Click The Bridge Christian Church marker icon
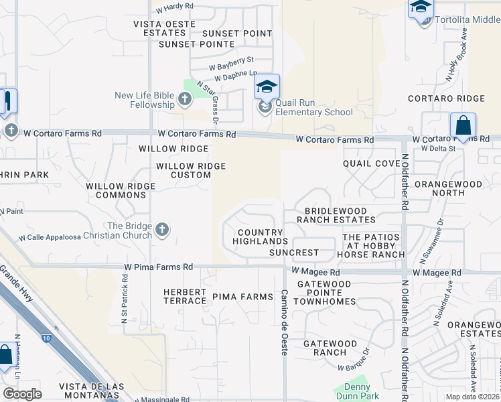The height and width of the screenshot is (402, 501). [x=161, y=230]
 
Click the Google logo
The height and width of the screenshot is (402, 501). [x=22, y=394]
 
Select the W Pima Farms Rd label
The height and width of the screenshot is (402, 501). [x=158, y=267]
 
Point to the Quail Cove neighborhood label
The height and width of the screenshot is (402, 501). [x=371, y=163]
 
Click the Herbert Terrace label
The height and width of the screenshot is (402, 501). [x=185, y=296]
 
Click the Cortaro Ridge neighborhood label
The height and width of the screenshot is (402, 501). [x=447, y=98]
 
